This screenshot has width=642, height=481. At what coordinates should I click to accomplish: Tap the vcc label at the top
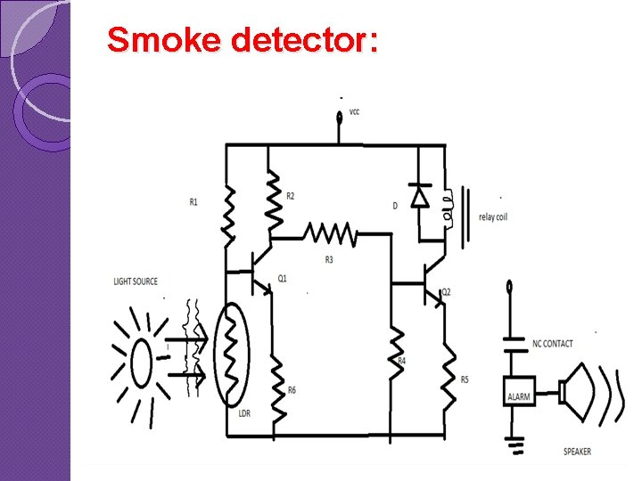point(355,112)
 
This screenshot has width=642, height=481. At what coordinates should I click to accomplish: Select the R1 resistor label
point(193,202)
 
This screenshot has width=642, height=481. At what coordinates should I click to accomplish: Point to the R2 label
point(291,197)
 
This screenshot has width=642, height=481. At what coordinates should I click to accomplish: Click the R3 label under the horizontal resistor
point(329,259)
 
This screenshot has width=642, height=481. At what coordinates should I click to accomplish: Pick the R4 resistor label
point(402,361)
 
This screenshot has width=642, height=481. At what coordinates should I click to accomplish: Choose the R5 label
point(465,379)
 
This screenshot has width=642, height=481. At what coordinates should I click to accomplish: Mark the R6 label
point(292,390)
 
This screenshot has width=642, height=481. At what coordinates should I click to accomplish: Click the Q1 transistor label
point(283,279)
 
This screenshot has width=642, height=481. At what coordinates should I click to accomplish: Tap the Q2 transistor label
point(446,292)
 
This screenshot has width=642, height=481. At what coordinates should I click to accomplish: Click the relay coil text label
point(492,217)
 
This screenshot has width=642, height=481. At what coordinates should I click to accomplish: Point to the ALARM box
point(518,396)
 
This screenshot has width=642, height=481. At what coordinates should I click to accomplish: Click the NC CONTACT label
point(552,343)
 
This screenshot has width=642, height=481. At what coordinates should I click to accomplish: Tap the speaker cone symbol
point(575,391)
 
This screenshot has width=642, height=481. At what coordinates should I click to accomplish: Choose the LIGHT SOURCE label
point(136,281)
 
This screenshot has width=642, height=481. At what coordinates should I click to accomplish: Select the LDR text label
point(244,414)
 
